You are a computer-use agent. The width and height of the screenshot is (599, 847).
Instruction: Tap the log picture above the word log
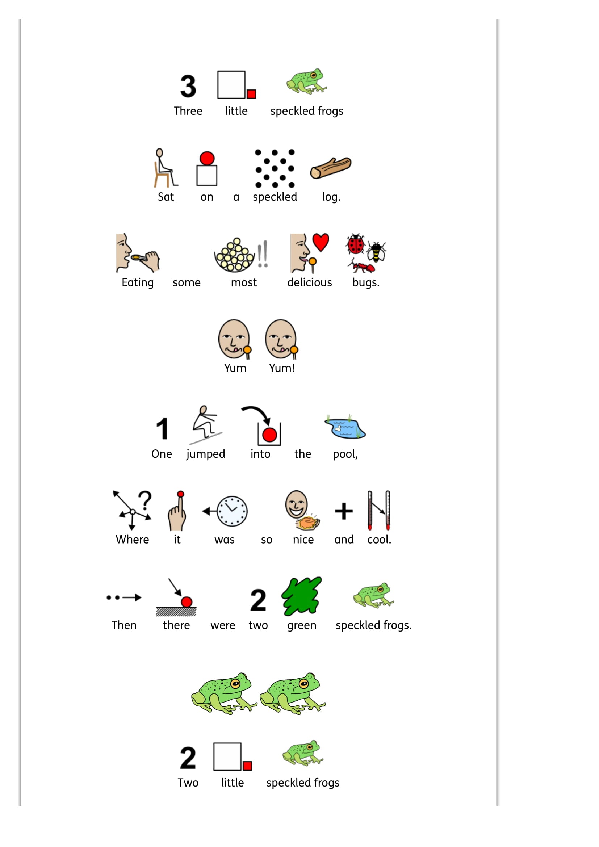(331, 168)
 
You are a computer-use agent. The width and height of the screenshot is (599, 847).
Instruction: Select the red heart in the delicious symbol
(321, 242)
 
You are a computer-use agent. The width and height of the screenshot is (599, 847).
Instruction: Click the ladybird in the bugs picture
(356, 244)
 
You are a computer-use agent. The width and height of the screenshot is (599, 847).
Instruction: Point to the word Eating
(138, 283)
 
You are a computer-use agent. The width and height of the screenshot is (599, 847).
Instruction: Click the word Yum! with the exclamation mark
(282, 368)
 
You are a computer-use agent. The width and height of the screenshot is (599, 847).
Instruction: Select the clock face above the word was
(232, 511)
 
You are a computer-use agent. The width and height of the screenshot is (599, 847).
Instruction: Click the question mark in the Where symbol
(146, 500)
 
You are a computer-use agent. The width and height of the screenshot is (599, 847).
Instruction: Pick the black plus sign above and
(344, 511)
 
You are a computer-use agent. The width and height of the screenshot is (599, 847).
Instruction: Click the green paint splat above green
(302, 596)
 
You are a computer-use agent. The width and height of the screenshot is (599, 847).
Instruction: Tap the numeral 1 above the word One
(162, 429)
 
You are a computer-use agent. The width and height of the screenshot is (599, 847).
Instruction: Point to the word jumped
(205, 454)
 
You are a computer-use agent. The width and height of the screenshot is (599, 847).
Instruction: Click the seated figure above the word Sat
(165, 168)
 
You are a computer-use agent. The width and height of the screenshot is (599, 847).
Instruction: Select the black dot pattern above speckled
(275, 169)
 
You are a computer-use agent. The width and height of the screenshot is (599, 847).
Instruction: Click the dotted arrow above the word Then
(124, 597)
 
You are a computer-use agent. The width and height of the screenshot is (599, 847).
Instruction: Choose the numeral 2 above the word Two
(188, 758)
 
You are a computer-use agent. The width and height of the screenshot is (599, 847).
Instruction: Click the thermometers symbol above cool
(379, 511)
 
